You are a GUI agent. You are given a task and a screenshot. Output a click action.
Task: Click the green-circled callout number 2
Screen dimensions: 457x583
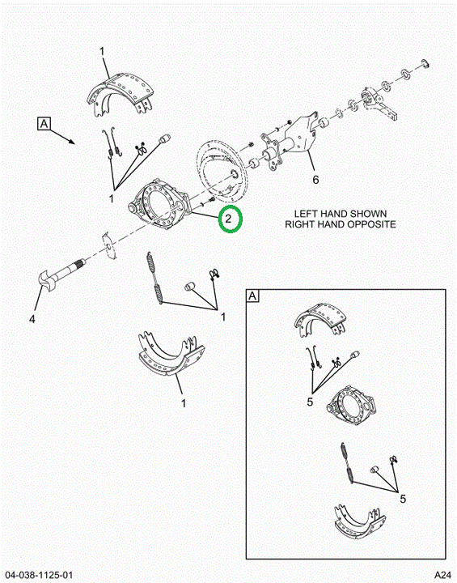click(228, 219)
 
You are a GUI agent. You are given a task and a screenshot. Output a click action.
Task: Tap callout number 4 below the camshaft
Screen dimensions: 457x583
click(32, 319)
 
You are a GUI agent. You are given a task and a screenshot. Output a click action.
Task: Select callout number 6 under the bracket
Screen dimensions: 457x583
click(315, 180)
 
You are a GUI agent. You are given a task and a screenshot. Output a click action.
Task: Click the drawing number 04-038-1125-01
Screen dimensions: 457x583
click(39, 575)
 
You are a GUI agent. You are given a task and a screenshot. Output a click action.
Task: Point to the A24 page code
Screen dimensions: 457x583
click(443, 574)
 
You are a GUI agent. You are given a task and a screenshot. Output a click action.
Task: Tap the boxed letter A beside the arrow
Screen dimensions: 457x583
click(44, 123)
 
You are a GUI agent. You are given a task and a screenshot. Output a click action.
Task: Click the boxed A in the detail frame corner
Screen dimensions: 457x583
click(252, 296)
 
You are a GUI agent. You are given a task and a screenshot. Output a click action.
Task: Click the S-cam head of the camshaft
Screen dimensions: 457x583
click(46, 282)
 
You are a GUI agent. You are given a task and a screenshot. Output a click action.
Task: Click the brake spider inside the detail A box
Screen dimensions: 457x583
click(351, 406)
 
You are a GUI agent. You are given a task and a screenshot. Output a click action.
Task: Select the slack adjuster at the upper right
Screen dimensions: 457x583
click(379, 104)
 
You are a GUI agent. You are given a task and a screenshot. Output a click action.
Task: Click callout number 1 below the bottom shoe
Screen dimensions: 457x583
click(183, 403)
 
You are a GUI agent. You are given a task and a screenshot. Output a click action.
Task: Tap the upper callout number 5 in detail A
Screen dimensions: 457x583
click(311, 402)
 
